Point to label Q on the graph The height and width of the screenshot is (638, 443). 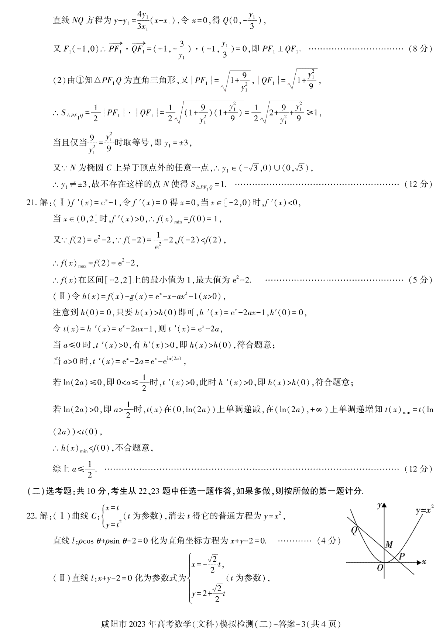click(x=354, y=530)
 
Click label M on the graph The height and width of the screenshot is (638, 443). click(x=388, y=545)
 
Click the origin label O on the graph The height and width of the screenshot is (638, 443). click(x=380, y=568)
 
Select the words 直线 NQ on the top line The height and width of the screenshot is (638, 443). click(x=69, y=20)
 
